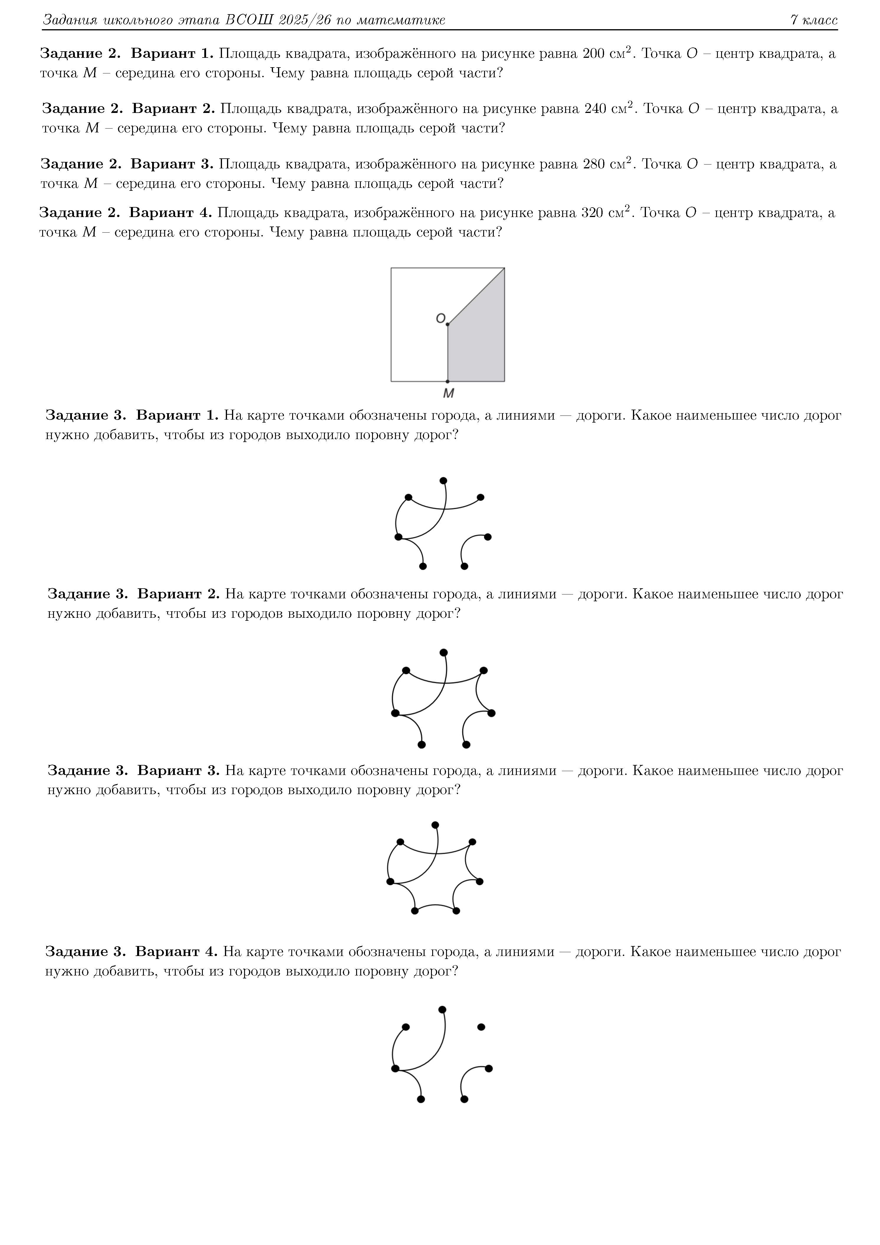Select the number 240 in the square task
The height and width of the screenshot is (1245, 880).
click(x=595, y=109)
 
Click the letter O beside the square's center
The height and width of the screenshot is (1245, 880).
click(x=440, y=318)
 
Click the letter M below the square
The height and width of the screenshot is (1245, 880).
click(x=448, y=393)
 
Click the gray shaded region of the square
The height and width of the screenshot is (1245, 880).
click(x=477, y=347)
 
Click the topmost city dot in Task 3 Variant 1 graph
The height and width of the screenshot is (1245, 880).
click(x=443, y=480)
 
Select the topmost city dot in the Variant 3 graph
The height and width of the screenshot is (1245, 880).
click(x=435, y=825)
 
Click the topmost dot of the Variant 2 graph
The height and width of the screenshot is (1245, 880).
click(x=443, y=652)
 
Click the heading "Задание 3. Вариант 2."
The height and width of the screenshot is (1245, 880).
click(x=133, y=594)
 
